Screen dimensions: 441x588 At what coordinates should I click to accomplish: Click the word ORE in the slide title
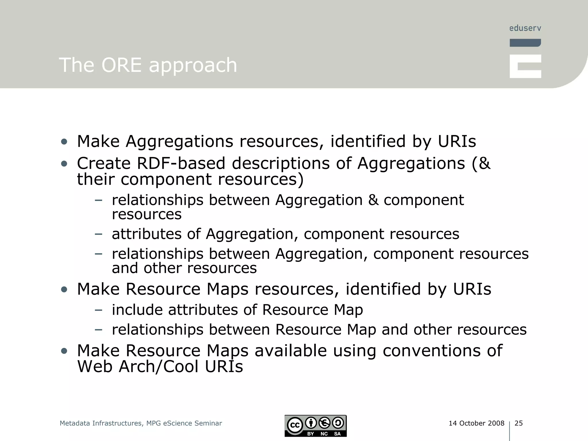pyautogui.click(x=121, y=65)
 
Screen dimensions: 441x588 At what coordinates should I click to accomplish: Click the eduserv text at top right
pyautogui.click(x=525, y=28)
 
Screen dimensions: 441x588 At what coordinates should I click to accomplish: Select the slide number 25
pyautogui.click(x=519, y=423)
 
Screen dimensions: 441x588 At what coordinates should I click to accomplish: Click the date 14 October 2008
pyautogui.click(x=476, y=423)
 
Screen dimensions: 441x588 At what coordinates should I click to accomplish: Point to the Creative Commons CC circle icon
pyautogui.click(x=295, y=425)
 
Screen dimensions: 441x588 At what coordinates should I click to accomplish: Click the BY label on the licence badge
pyautogui.click(x=311, y=434)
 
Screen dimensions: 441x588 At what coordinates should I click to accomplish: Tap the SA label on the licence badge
pyautogui.click(x=337, y=434)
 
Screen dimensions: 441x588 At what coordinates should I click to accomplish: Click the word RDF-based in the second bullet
pyautogui.click(x=181, y=163)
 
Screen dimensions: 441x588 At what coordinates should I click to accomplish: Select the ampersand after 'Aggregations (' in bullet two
pyautogui.click(x=484, y=163)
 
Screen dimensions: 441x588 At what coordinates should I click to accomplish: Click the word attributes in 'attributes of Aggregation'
pyautogui.click(x=147, y=234)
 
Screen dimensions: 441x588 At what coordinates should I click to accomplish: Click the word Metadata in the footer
pyautogui.click(x=75, y=423)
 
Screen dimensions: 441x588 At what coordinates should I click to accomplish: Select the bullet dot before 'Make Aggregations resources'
pyautogui.click(x=64, y=142)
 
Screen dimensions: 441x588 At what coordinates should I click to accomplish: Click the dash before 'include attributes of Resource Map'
pyautogui.click(x=98, y=310)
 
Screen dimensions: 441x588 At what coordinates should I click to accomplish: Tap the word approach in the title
pyautogui.click(x=193, y=65)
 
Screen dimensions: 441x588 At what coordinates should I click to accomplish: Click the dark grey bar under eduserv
pyautogui.click(x=525, y=43)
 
